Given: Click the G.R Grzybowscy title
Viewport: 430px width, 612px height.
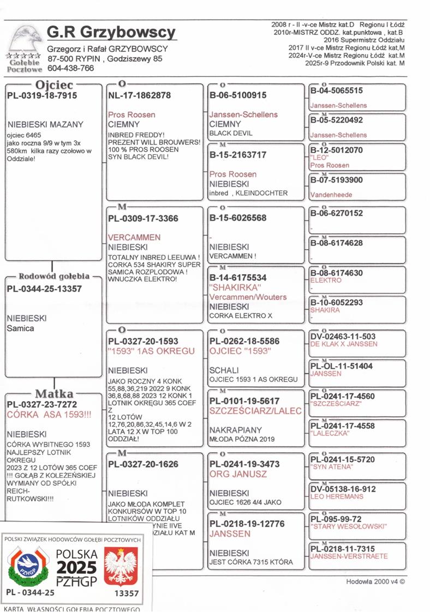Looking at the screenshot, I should coord(111,33).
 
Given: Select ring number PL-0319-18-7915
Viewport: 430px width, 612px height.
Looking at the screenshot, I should coord(42,95).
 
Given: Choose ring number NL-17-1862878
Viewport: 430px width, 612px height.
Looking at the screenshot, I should coord(140,95).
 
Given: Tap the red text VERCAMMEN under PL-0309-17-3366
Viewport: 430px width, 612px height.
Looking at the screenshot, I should coord(134,238).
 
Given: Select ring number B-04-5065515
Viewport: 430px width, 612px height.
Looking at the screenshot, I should coord(336,90).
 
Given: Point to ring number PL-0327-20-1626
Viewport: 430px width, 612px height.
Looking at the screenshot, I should coord(143,464).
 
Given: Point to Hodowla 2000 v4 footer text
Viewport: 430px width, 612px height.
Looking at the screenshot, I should coord(375,581).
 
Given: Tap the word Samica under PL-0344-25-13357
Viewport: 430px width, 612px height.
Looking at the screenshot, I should coord(20,329).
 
